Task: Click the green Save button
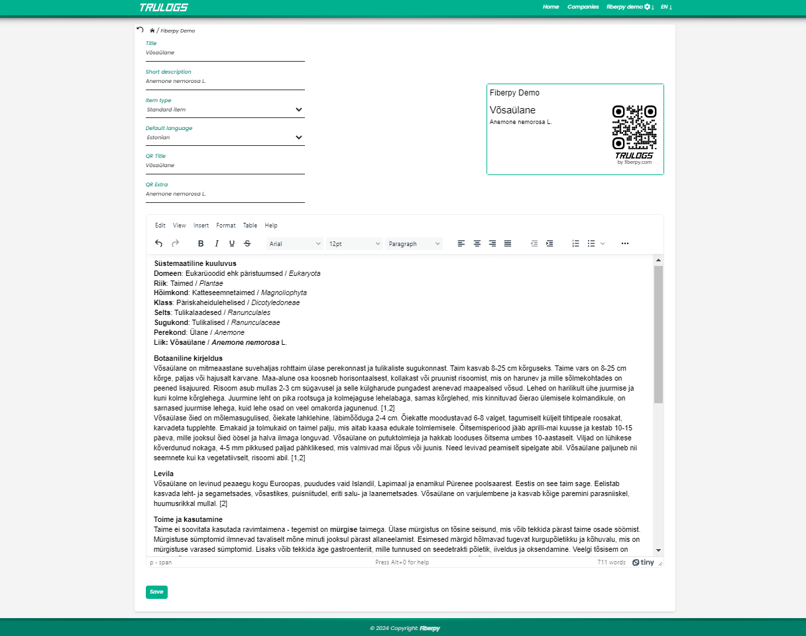(156, 592)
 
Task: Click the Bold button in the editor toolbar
(201, 244)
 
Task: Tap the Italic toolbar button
(216, 244)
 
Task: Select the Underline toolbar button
(232, 244)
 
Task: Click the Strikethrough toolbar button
(247, 244)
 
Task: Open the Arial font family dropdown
(294, 244)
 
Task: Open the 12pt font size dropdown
(355, 244)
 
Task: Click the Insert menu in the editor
(201, 225)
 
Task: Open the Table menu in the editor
(250, 225)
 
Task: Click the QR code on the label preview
(634, 127)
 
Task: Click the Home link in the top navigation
(551, 7)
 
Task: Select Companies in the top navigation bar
(583, 7)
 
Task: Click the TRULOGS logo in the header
(164, 7)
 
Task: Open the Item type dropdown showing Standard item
(225, 109)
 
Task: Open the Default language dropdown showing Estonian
(225, 137)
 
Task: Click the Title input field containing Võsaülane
(225, 52)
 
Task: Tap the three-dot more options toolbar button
(625, 244)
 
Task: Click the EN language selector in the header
(666, 7)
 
